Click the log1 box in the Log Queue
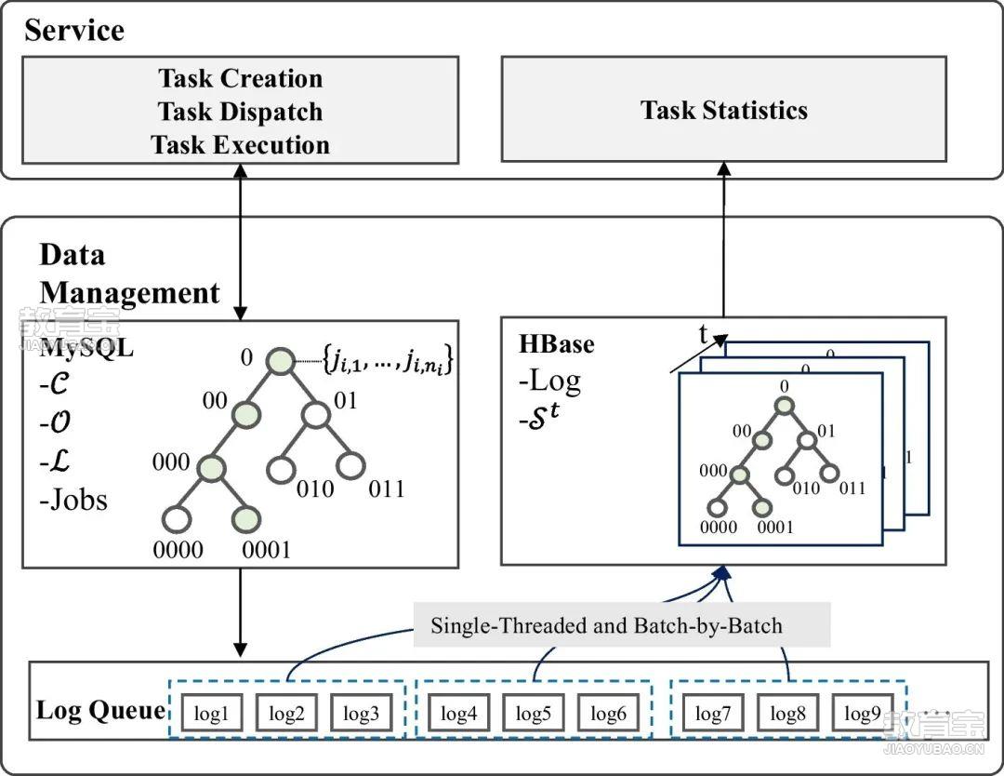click(x=212, y=714)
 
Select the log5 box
click(x=534, y=714)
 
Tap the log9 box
click(x=862, y=714)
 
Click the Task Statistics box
click(x=723, y=110)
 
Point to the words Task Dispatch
click(x=240, y=112)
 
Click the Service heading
click(x=74, y=30)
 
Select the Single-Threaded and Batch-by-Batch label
click(x=606, y=625)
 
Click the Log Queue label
click(x=100, y=711)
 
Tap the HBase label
click(x=557, y=343)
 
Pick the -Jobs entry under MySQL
click(x=74, y=500)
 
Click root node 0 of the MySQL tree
click(x=281, y=359)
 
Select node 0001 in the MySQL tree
click(x=247, y=519)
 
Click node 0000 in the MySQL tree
click(x=177, y=519)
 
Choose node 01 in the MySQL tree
click(x=316, y=412)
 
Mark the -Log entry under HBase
click(x=551, y=380)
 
